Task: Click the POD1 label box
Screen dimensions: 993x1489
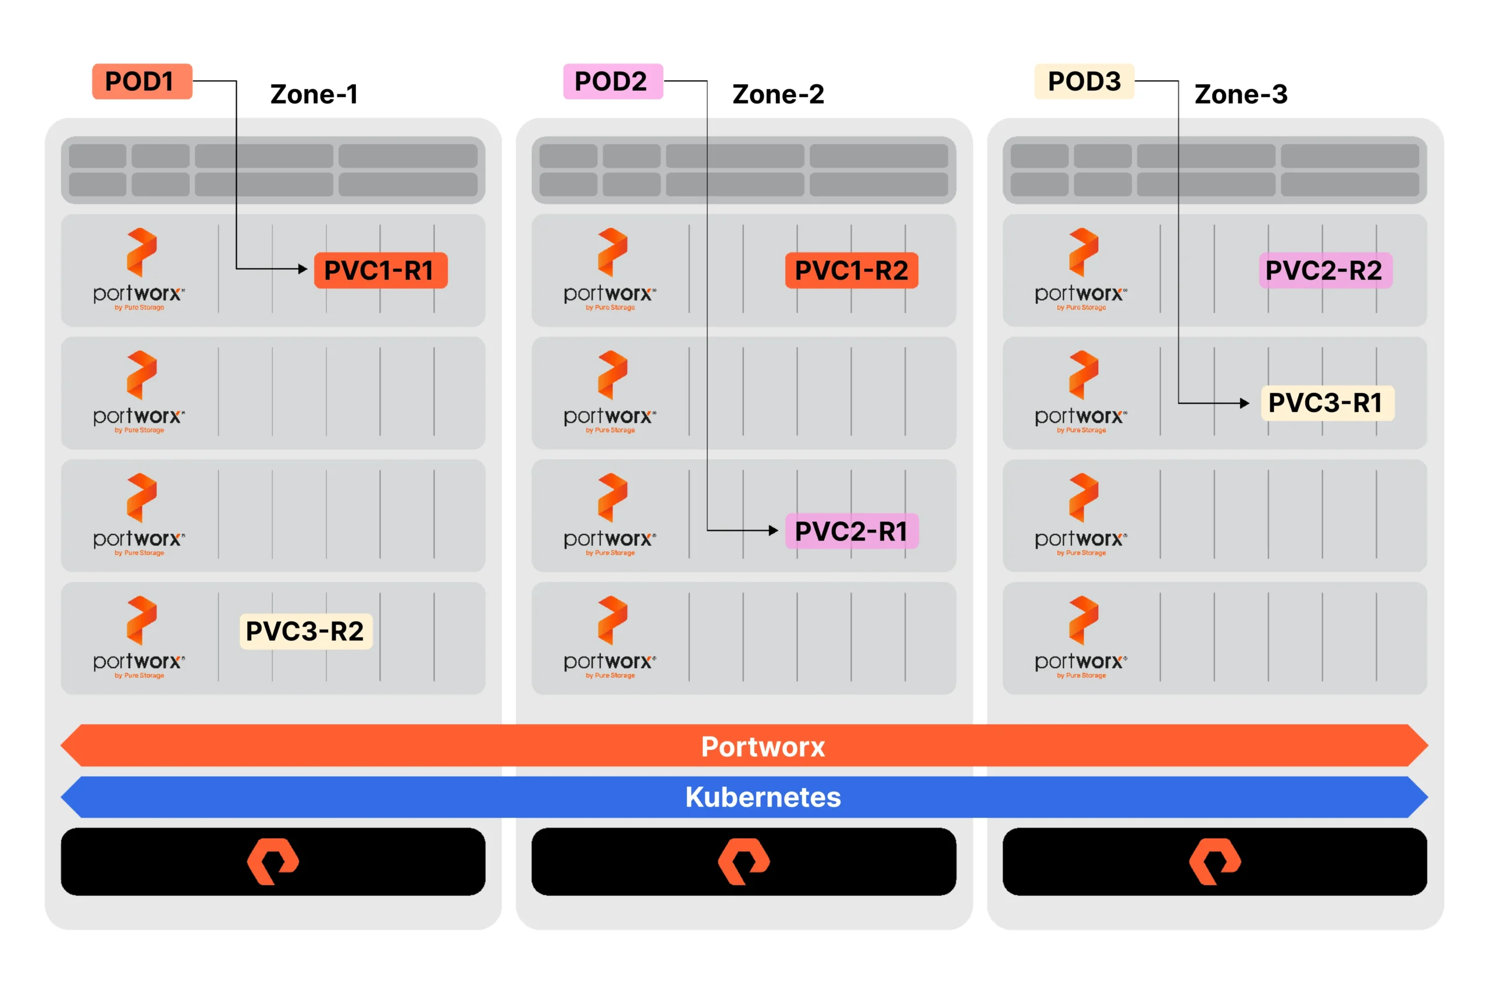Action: click(x=142, y=81)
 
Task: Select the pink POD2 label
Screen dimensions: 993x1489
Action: click(x=612, y=81)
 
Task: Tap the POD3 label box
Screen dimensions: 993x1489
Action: click(x=1083, y=81)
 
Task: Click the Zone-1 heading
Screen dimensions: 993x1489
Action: click(x=314, y=94)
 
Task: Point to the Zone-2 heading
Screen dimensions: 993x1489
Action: click(x=778, y=94)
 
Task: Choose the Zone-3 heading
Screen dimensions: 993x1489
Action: click(x=1239, y=94)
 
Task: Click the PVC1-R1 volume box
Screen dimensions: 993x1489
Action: click(x=380, y=271)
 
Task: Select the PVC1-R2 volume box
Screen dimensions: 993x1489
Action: click(x=850, y=271)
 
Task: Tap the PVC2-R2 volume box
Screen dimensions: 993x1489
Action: click(x=1324, y=271)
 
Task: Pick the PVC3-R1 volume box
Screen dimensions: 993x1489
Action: click(x=1326, y=403)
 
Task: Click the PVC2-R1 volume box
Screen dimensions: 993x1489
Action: click(x=850, y=531)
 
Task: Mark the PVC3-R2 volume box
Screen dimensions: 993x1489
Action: click(x=305, y=631)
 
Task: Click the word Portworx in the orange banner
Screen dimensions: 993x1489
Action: click(x=763, y=747)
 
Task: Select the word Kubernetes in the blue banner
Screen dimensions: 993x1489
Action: click(x=763, y=797)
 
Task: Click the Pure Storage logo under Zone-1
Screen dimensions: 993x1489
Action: click(x=273, y=861)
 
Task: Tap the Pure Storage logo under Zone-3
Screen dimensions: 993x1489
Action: click(x=1214, y=861)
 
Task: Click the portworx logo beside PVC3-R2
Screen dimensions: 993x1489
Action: click(x=140, y=636)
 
